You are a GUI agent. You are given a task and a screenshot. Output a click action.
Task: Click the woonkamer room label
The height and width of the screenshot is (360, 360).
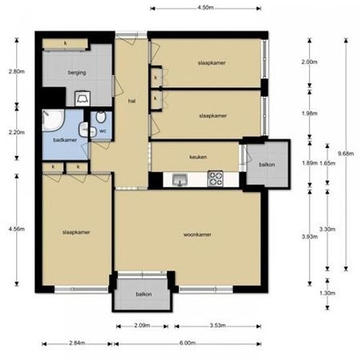click(x=197, y=234)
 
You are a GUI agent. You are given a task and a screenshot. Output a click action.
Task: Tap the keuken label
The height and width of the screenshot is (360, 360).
click(x=198, y=157)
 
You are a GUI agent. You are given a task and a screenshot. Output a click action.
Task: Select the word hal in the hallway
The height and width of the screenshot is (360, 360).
click(x=132, y=101)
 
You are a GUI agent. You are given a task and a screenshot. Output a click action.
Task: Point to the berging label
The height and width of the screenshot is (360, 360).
click(x=77, y=73)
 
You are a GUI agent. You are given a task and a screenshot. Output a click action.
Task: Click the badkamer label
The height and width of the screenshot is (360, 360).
click(x=65, y=140)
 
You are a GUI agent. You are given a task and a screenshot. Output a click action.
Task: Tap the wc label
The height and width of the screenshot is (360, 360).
click(x=103, y=131)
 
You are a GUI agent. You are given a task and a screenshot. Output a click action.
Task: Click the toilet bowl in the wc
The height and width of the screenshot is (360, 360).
click(x=101, y=117)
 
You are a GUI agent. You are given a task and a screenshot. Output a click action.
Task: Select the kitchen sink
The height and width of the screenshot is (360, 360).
click(x=180, y=179)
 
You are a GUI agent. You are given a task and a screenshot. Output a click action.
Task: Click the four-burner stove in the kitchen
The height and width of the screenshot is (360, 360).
click(x=215, y=179)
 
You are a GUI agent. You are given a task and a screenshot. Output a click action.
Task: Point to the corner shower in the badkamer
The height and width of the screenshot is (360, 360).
click(x=53, y=120)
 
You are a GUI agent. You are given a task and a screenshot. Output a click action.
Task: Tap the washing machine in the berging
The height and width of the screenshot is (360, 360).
click(x=82, y=98)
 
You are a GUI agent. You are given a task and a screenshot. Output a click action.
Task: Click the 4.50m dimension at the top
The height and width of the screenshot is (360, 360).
click(x=206, y=8)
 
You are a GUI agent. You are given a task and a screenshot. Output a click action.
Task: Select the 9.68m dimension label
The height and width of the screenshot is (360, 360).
click(x=346, y=153)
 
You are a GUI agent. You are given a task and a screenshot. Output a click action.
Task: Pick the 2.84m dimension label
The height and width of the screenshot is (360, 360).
click(x=77, y=343)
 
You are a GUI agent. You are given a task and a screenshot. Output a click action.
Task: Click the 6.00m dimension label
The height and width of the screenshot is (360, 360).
click(x=188, y=343)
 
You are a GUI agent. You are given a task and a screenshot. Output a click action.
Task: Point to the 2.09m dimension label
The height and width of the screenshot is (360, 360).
click(x=142, y=325)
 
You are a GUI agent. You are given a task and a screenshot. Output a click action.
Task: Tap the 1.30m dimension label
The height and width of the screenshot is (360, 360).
click(x=327, y=293)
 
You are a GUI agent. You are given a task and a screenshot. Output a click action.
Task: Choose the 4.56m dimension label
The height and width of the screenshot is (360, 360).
click(x=16, y=228)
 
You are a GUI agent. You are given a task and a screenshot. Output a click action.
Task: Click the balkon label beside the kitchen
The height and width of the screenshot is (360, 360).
click(x=267, y=164)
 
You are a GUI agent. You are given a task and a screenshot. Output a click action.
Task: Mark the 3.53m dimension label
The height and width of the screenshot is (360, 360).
click(x=218, y=325)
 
